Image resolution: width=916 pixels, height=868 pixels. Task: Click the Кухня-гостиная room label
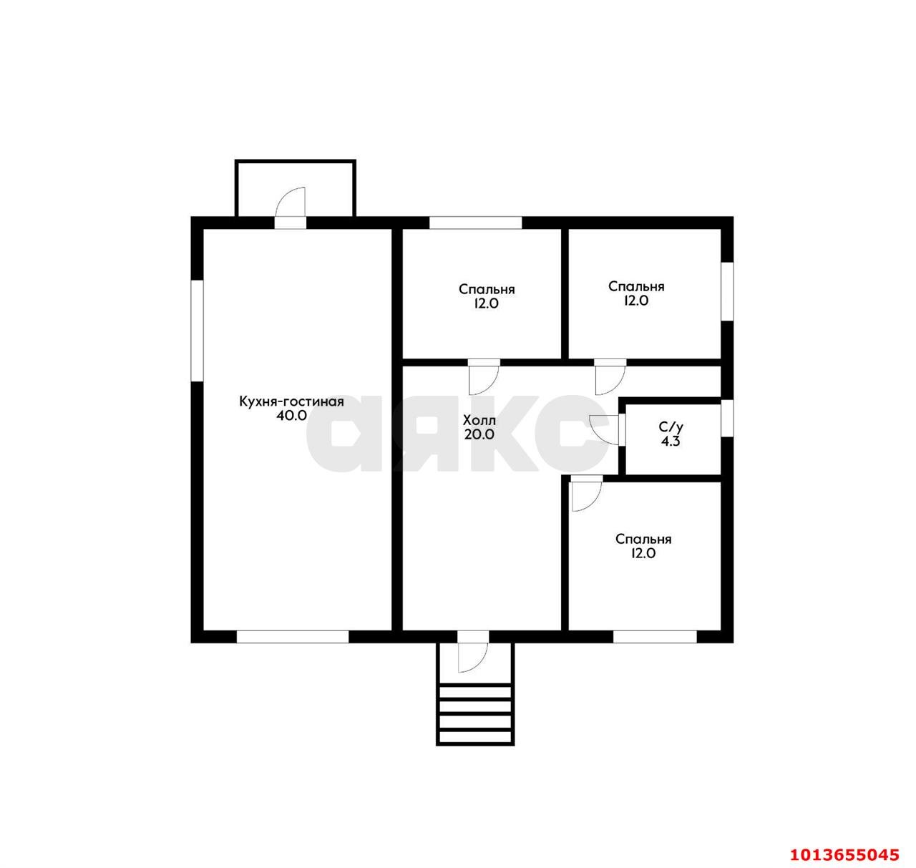pyautogui.click(x=291, y=401)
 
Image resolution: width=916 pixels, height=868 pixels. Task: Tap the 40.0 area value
pyautogui.click(x=292, y=416)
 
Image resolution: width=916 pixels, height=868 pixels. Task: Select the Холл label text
pyautogui.click(x=479, y=421)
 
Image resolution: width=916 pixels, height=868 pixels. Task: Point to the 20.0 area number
pyautogui.click(x=479, y=434)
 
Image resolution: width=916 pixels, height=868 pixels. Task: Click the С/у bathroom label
pyautogui.click(x=671, y=426)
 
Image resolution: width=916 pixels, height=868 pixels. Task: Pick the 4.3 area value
pyautogui.click(x=671, y=442)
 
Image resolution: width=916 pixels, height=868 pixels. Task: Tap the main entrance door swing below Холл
pyautogui.click(x=473, y=656)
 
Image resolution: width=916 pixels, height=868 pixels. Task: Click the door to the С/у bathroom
pyautogui.click(x=604, y=429)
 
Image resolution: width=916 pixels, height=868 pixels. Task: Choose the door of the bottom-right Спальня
pyautogui.click(x=587, y=497)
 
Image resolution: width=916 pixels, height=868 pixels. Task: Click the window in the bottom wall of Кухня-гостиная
pyautogui.click(x=293, y=636)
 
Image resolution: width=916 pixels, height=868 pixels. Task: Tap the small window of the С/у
pyautogui.click(x=727, y=418)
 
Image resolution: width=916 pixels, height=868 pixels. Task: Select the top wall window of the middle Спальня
pyautogui.click(x=475, y=223)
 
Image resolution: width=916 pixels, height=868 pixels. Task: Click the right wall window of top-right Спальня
pyautogui.click(x=727, y=291)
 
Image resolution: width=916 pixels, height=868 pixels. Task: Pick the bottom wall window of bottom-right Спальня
pyautogui.click(x=655, y=636)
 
